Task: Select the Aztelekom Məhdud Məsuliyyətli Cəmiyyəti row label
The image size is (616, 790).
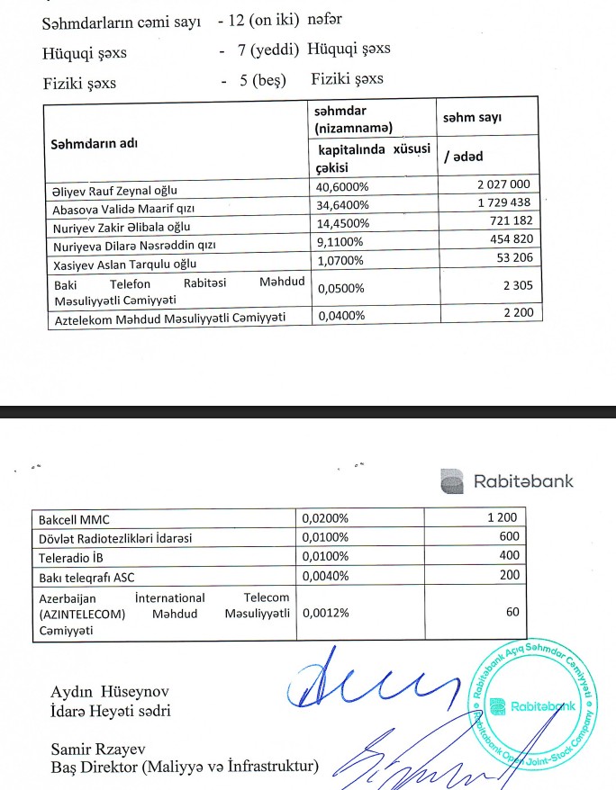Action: [169, 318]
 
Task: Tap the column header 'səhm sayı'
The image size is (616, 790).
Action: [472, 118]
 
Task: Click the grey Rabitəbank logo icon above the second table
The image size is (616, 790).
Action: [452, 480]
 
